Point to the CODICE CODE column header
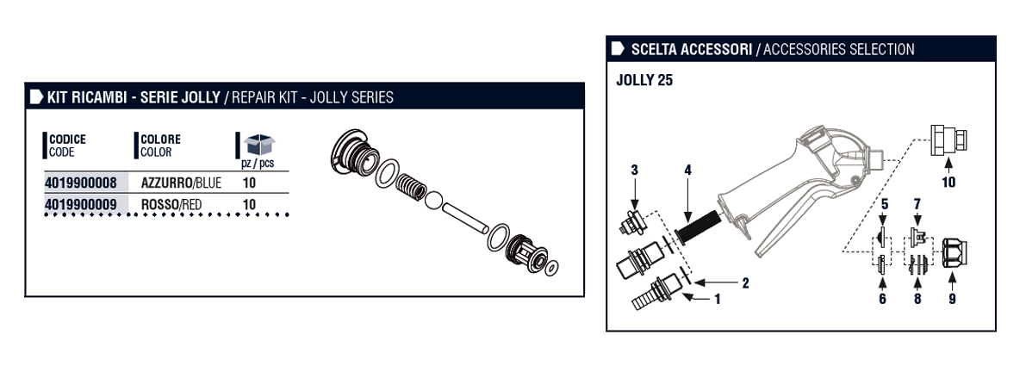(x=67, y=146)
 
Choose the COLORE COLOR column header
(x=160, y=146)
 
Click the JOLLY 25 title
(x=645, y=81)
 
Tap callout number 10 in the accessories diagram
(x=948, y=182)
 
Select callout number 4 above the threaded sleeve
(x=687, y=171)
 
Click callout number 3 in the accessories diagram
(x=634, y=170)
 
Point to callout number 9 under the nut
(x=952, y=300)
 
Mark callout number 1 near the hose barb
(x=716, y=300)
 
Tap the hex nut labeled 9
(x=954, y=255)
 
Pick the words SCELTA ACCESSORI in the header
(x=689, y=49)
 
